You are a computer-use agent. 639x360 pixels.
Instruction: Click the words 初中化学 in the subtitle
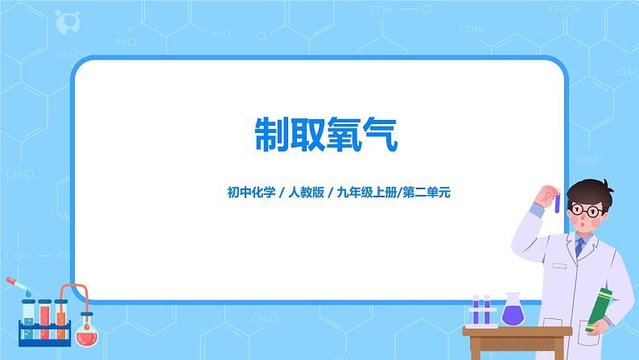(x=251, y=192)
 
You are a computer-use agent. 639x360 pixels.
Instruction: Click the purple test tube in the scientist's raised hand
(x=556, y=200)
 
